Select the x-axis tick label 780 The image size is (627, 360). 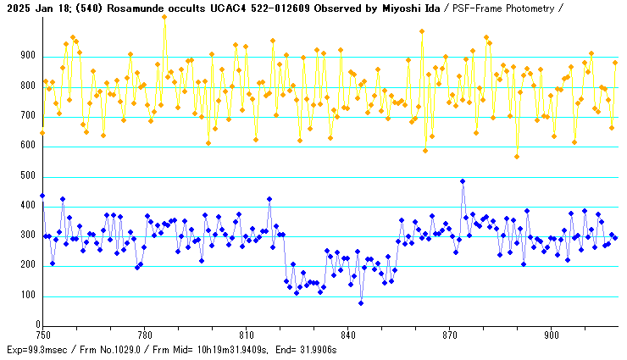pos(144,334)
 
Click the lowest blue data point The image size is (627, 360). pos(361,303)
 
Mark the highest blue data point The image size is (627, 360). pos(463,181)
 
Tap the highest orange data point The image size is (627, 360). pos(164,17)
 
